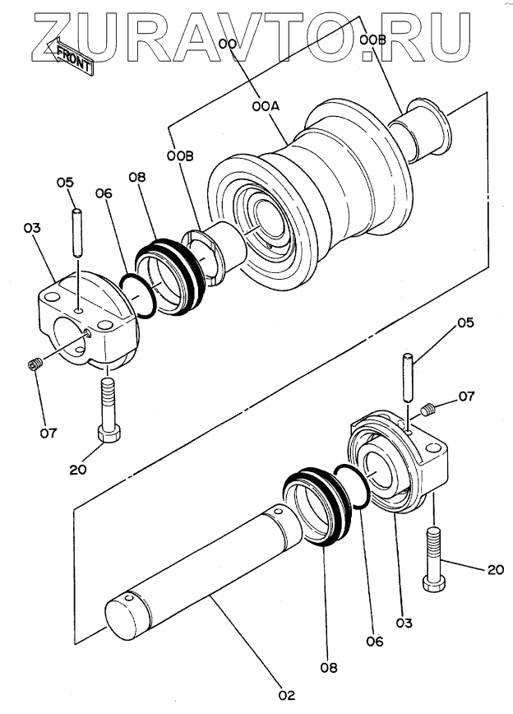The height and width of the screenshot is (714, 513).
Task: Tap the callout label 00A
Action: click(x=266, y=107)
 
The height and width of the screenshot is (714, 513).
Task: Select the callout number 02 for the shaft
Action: click(x=287, y=695)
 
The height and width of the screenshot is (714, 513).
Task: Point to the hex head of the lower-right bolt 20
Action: click(x=434, y=583)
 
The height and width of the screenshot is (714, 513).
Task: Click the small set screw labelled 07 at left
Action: click(x=35, y=364)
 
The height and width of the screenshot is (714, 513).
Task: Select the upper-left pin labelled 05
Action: click(x=78, y=233)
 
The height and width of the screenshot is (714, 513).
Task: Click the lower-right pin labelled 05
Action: click(x=409, y=377)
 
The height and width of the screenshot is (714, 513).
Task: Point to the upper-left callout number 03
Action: click(x=32, y=228)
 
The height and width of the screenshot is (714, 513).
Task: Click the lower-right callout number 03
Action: click(x=404, y=623)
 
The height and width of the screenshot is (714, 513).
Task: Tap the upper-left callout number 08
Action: click(x=137, y=177)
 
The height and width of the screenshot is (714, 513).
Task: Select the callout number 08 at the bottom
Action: click(x=329, y=668)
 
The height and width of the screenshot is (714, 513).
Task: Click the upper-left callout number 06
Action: click(x=104, y=193)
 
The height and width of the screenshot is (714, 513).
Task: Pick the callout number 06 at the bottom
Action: click(x=375, y=642)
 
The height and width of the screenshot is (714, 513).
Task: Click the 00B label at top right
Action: click(x=372, y=40)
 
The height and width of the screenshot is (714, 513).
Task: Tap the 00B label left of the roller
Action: click(x=180, y=156)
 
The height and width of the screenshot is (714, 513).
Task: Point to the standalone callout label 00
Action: click(x=227, y=44)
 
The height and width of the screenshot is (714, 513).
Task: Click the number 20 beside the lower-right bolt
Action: click(x=496, y=569)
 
